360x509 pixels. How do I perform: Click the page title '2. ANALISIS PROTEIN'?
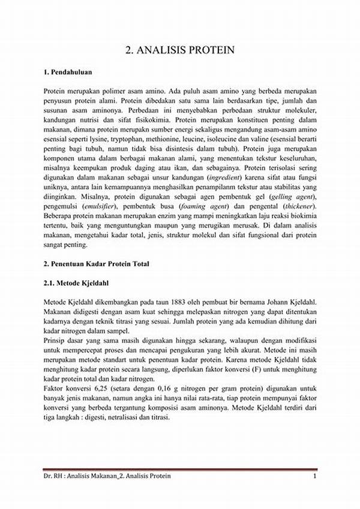click(x=180, y=50)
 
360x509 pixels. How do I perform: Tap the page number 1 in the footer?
click(x=314, y=476)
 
